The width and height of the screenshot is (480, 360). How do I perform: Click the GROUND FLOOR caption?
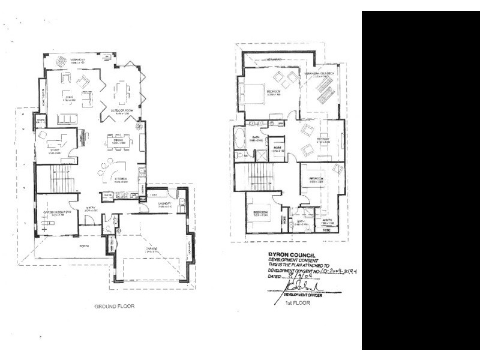click(x=114, y=306)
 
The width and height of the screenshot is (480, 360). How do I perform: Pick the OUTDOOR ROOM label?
click(x=121, y=110)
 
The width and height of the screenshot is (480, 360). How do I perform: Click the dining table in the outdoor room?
click(x=122, y=92)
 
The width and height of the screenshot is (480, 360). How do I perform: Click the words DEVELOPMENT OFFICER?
click(x=303, y=295)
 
